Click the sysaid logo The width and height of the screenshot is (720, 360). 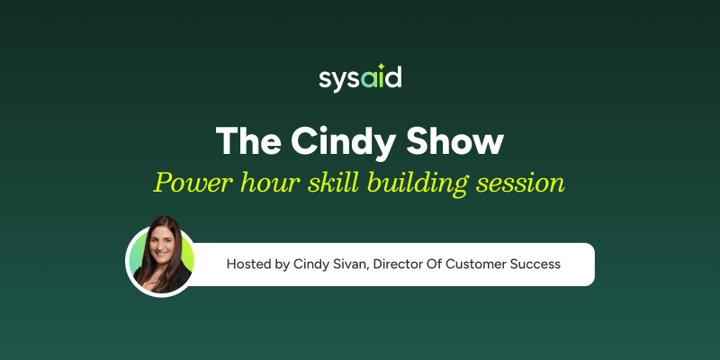coord(360,78)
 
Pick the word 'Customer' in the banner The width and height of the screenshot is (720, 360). coord(478,265)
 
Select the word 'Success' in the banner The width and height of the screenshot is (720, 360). coord(537,265)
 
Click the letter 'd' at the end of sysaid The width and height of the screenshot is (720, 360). coord(393,77)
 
